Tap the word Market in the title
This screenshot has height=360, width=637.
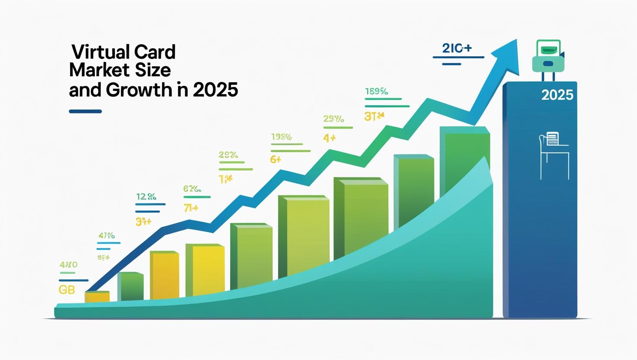(99, 71)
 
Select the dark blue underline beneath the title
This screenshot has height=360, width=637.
(85, 111)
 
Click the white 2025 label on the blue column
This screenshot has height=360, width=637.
(557, 95)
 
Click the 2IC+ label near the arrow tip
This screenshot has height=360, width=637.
(457, 48)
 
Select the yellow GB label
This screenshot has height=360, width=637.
(67, 290)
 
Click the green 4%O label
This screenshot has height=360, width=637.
(68, 264)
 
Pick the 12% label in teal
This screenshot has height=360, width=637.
(146, 197)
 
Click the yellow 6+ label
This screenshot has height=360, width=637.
(275, 160)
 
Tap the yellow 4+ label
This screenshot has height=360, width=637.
(329, 138)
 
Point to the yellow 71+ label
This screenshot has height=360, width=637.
(190, 208)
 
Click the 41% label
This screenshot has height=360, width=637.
(106, 236)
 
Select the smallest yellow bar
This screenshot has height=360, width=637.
(97, 296)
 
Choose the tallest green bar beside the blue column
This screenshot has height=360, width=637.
(464, 160)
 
